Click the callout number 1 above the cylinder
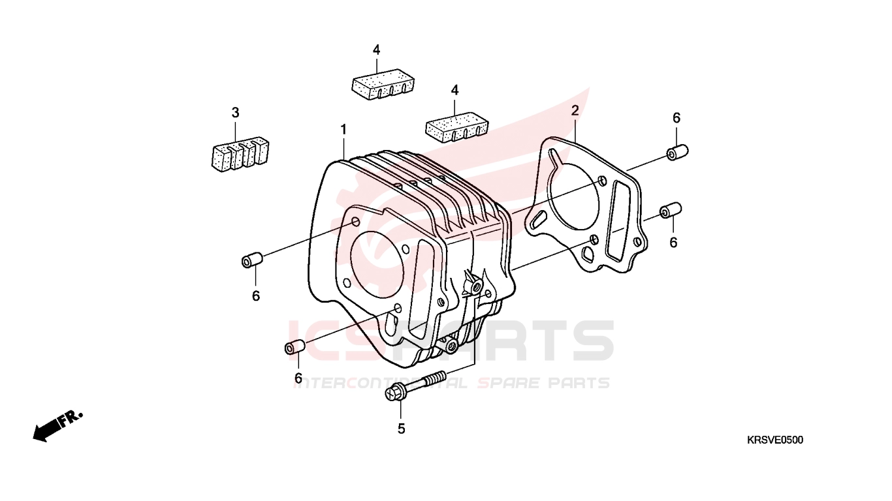pos(343,129)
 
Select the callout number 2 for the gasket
pos(575,110)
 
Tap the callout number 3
pos(235,113)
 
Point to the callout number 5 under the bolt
pos(401,429)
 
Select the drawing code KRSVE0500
pos(775,440)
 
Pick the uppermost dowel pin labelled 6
pos(677,152)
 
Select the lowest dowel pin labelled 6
pos(296,346)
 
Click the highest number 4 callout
pos(376,50)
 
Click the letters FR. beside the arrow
pos(71,418)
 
